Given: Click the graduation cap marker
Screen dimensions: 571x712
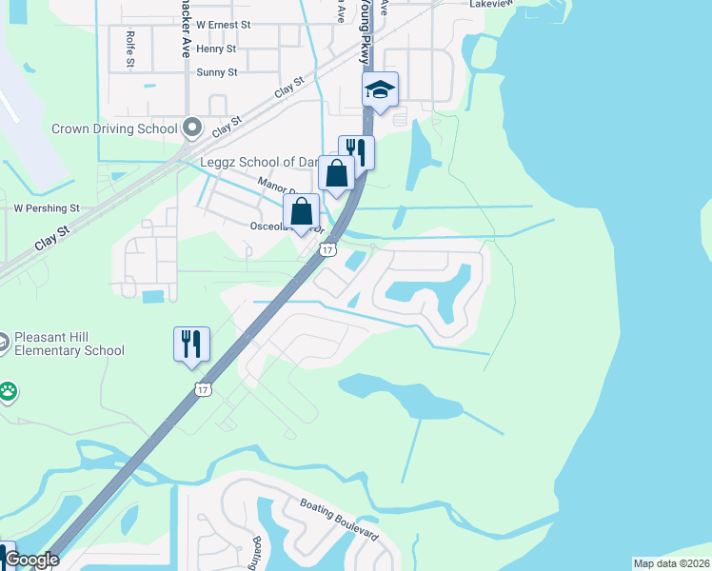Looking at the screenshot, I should [x=380, y=90].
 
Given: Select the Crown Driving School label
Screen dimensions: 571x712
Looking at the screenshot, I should [x=114, y=128].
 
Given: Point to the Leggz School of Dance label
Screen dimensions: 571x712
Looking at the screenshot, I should [x=257, y=163].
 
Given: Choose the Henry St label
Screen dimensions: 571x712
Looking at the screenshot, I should [x=216, y=48].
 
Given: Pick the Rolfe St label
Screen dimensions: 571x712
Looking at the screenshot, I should [x=130, y=48].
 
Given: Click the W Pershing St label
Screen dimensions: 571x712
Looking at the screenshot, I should [x=46, y=207].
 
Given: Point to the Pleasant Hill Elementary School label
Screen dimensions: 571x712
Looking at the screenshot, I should [x=69, y=344].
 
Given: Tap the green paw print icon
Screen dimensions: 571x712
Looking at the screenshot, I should [x=8, y=390].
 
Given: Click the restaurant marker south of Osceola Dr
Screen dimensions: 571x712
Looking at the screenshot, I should [x=191, y=345].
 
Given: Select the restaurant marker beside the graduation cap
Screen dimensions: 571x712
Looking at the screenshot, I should [x=356, y=151].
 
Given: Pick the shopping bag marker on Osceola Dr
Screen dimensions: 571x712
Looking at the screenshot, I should [x=301, y=212].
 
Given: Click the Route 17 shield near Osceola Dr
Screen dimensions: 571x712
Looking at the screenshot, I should [x=327, y=249].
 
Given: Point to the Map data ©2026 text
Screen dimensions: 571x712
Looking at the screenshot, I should [x=671, y=563].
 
